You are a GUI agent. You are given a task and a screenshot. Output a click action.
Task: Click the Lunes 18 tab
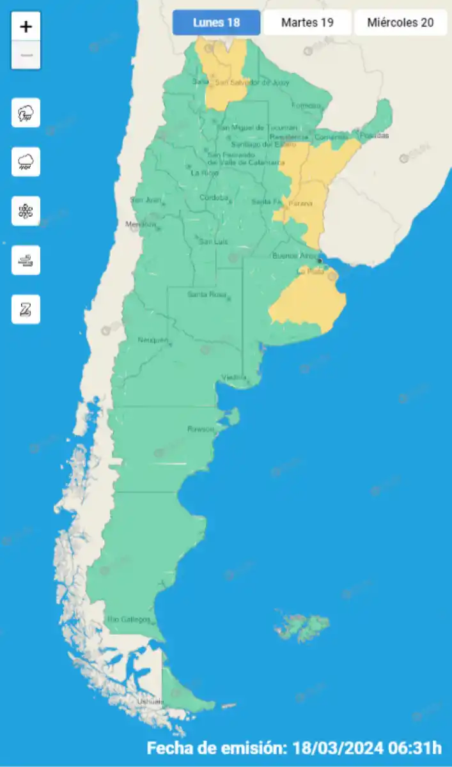[x=216, y=23]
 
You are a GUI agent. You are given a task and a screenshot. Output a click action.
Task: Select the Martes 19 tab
[x=307, y=23]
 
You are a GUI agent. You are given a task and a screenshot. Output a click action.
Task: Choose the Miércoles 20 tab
[x=400, y=23]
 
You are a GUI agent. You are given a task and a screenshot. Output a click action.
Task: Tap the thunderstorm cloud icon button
[x=26, y=113]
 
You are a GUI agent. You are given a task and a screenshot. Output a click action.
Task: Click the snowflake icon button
[x=26, y=211]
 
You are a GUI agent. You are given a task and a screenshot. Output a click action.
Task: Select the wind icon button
[x=26, y=260]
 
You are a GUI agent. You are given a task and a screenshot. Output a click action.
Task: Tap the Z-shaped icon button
[x=26, y=309]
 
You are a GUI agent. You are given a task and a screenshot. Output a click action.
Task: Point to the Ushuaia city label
[x=150, y=702]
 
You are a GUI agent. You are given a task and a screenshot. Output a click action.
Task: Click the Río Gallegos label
[x=129, y=619]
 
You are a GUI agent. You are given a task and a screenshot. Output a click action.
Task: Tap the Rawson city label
[x=200, y=429]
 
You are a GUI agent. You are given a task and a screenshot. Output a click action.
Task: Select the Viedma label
[x=233, y=377]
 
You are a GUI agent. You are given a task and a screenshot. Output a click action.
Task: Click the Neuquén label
[x=153, y=339]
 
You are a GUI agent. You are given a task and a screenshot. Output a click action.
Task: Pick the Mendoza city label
[x=141, y=224]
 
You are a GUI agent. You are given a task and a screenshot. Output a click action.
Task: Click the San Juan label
[x=144, y=200]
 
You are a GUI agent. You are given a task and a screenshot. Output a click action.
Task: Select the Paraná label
[x=300, y=203]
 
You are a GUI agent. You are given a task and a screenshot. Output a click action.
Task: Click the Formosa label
[x=304, y=105]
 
